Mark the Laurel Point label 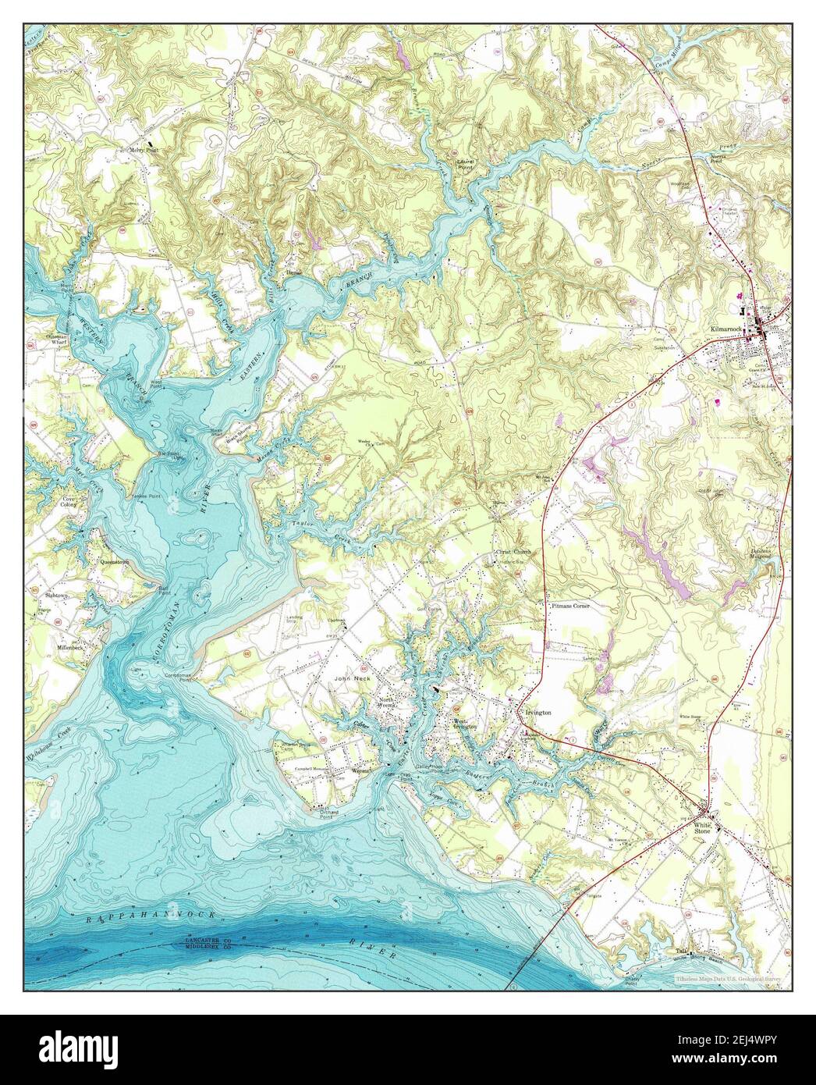tap(466, 165)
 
